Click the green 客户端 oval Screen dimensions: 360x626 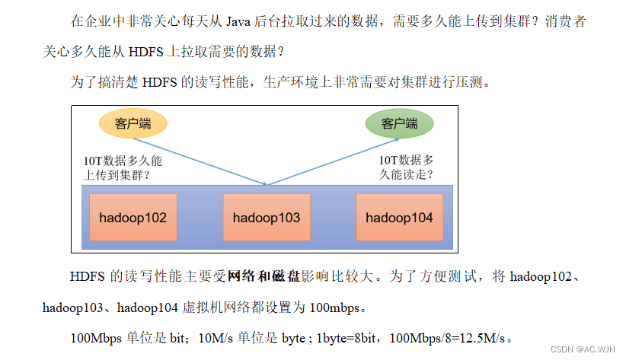click(x=400, y=123)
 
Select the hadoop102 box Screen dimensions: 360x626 click(x=133, y=218)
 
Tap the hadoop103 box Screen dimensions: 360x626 click(x=267, y=218)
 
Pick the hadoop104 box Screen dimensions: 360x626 click(x=399, y=218)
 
